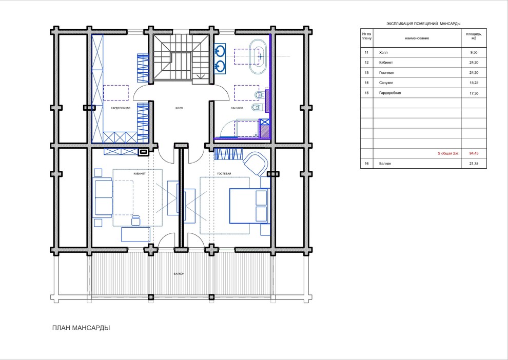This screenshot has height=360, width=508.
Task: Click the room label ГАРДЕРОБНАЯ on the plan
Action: tap(121, 108)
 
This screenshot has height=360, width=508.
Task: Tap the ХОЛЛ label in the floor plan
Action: tap(179, 108)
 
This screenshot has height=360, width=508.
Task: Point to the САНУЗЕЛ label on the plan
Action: tap(237, 108)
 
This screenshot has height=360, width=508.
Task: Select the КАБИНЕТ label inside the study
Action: tap(140, 174)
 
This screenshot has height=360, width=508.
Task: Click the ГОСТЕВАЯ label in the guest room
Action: tap(224, 174)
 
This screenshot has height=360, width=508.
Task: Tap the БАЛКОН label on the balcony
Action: tap(179, 274)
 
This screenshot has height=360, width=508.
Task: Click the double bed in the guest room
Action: tap(249, 206)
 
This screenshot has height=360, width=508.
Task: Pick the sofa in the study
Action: tap(104, 198)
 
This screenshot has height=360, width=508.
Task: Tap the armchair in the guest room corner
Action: tap(256, 164)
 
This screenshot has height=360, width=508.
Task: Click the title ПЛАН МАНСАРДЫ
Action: tap(81, 328)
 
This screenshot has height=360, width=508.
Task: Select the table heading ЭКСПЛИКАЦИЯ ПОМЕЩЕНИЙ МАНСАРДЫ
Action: tap(423, 24)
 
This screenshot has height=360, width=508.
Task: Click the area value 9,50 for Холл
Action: tap(473, 52)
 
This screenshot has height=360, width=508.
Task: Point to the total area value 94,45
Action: tap(474, 153)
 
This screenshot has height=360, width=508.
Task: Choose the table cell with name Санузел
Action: tap(386, 83)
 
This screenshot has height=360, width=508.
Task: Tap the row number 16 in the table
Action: tap(366, 164)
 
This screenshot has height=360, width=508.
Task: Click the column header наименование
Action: tap(417, 38)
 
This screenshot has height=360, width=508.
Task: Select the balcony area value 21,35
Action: tap(474, 164)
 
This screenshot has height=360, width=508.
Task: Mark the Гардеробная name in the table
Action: tap(390, 93)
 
